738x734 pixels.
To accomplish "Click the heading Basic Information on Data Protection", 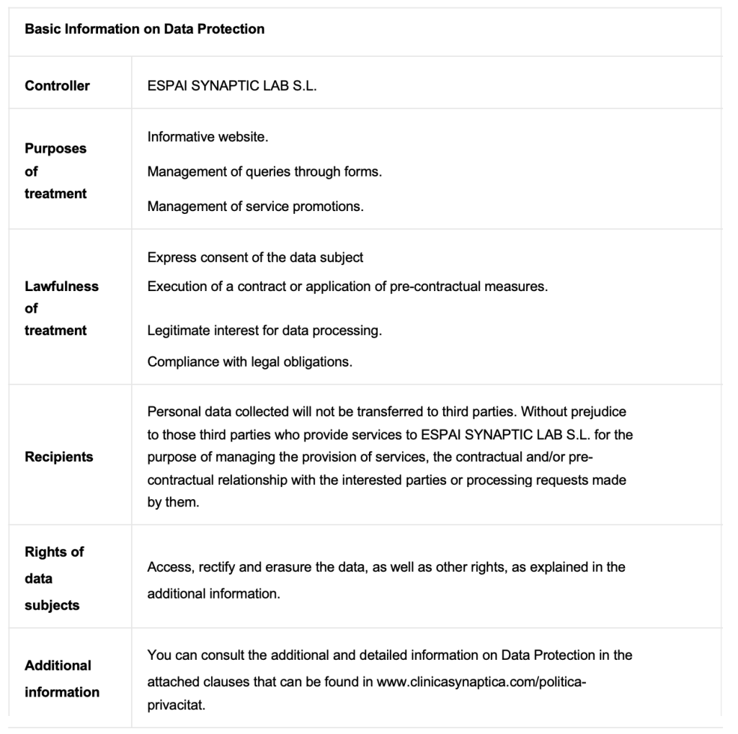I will click(144, 30).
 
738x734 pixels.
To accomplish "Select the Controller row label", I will click(57, 86).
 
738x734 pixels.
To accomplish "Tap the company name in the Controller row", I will click(232, 86).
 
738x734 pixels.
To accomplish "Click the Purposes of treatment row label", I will click(55, 171).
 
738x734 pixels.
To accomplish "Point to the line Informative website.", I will click(208, 137).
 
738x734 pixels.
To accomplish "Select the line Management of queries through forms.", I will click(264, 171).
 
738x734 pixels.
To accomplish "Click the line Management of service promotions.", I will click(255, 207).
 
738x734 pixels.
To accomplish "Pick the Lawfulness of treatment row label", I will click(61, 308).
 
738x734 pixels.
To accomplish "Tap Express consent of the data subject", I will click(255, 257).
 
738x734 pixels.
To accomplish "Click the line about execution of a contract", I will click(347, 286).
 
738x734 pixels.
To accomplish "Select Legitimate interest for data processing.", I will click(264, 331).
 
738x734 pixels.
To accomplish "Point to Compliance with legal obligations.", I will click(249, 362).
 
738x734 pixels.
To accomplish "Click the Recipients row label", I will click(58, 457).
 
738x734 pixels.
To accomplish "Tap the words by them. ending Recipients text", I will click(173, 503).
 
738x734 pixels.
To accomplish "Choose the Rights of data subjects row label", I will click(54, 578).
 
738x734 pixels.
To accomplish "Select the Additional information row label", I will click(61, 679).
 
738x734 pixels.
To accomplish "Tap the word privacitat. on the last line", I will click(177, 705).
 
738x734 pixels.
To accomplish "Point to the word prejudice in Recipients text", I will click(600, 412).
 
